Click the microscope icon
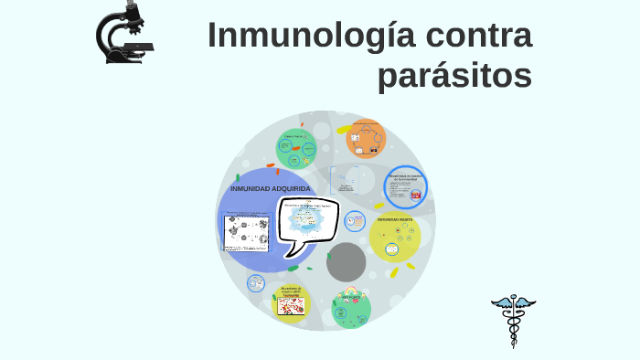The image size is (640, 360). click(x=124, y=33)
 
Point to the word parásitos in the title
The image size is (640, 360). click(x=454, y=77)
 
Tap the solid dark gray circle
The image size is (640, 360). click(x=347, y=262)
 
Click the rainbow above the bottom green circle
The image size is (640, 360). click(x=351, y=294)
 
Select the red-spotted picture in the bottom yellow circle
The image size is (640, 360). click(x=292, y=306)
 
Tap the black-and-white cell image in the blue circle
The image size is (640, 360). click(x=245, y=232)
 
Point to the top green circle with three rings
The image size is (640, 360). click(x=296, y=149)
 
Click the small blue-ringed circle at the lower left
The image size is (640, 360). click(x=256, y=284)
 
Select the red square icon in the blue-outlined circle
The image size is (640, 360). click(x=416, y=196)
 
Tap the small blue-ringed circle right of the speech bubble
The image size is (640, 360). click(x=354, y=218)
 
